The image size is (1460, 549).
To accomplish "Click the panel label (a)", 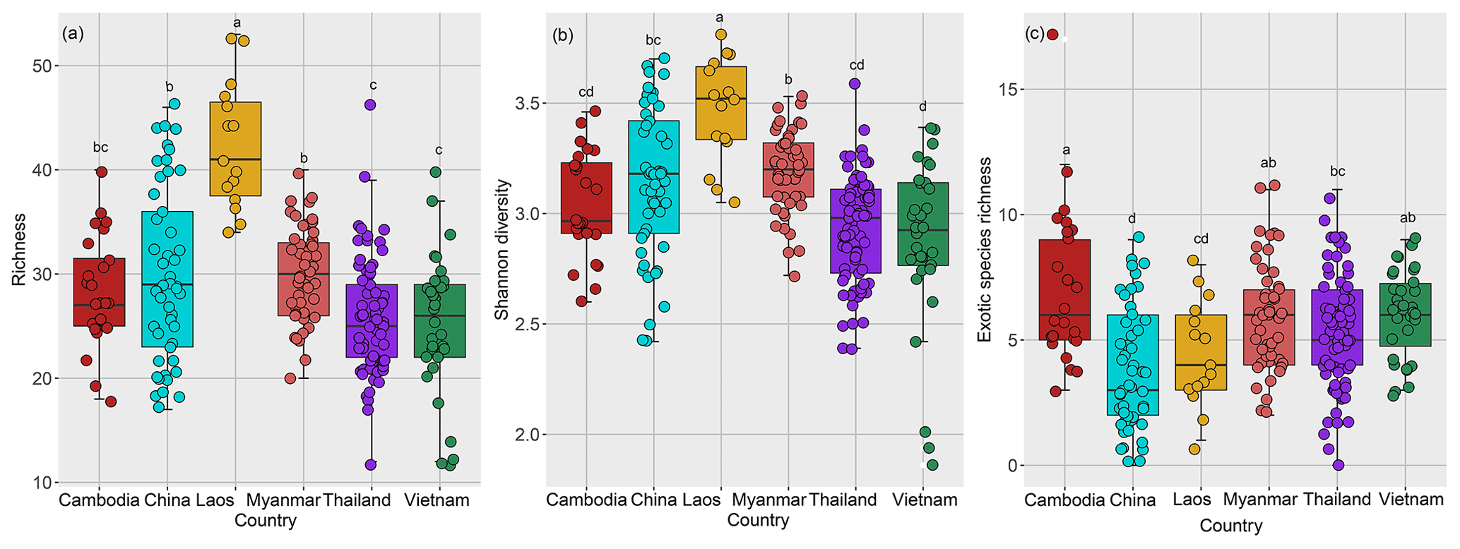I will [73, 33].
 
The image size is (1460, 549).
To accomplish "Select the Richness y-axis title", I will [18, 250].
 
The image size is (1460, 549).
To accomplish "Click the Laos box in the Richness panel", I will [235, 149].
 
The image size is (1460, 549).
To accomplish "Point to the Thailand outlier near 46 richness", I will [370, 104].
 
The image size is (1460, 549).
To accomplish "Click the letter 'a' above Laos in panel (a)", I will [237, 23].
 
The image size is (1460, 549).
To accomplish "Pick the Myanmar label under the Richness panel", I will [283, 500].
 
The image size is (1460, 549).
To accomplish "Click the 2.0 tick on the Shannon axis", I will [527, 435].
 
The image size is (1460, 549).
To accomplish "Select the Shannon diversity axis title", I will [501, 249].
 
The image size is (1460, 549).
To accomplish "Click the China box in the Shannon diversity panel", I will [654, 176].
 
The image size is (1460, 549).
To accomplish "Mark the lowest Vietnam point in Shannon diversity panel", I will [932, 465].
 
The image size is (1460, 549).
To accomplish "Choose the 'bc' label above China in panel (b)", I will [653, 40].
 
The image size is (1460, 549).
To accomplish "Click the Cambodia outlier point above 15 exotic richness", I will [1052, 34].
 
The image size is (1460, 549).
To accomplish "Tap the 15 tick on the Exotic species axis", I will [1006, 90].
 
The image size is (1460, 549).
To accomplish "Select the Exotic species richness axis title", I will [985, 250].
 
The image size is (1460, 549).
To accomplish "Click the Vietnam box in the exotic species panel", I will [1404, 315].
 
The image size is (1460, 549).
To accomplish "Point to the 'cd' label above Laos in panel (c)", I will [1201, 239].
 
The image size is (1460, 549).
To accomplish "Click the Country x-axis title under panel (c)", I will [1230, 526].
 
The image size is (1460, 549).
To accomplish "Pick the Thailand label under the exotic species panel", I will [1337, 500].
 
